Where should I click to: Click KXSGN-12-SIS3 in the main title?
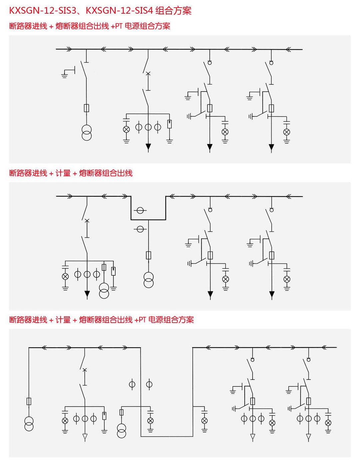(43, 11)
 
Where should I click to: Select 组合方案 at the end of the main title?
(174, 11)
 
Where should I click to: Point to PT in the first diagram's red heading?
(119, 26)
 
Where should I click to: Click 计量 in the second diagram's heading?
(63, 173)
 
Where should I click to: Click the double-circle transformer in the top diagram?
(86, 133)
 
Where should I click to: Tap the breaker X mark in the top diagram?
(148, 74)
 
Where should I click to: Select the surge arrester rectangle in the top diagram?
(170, 124)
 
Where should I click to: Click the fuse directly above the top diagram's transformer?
(86, 108)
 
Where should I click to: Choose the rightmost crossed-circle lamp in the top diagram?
(287, 132)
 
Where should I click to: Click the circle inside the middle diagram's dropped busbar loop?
(140, 211)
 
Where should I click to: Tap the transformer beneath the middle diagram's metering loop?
(149, 280)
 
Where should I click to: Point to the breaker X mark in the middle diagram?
(87, 221)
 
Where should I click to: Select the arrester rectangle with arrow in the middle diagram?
(113, 271)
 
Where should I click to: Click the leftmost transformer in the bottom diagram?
(29, 424)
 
